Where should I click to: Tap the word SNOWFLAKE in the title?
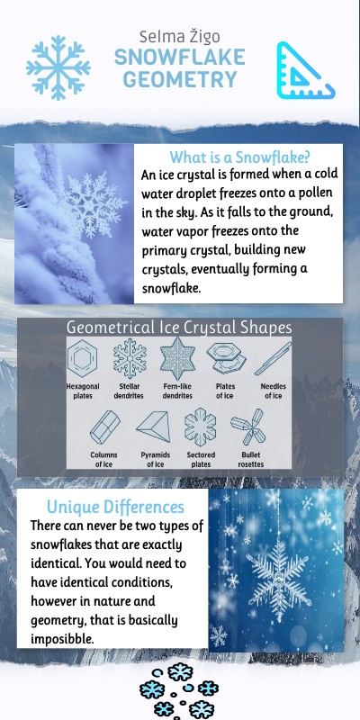tap(180, 58)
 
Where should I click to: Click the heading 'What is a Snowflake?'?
tap(239, 156)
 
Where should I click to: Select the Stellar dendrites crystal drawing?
tap(130, 358)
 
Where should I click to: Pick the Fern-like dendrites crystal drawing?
tap(176, 358)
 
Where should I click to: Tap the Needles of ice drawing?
tap(272, 358)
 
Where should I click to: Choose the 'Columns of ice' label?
tap(103, 460)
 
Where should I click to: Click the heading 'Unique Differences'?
tap(115, 507)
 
